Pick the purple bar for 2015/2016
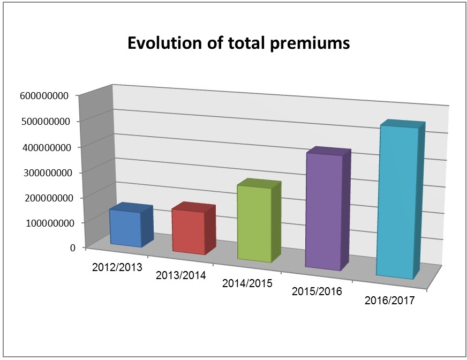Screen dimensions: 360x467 [323, 211]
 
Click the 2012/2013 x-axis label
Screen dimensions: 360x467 [117, 267]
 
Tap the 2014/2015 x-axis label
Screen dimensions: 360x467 [247, 283]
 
